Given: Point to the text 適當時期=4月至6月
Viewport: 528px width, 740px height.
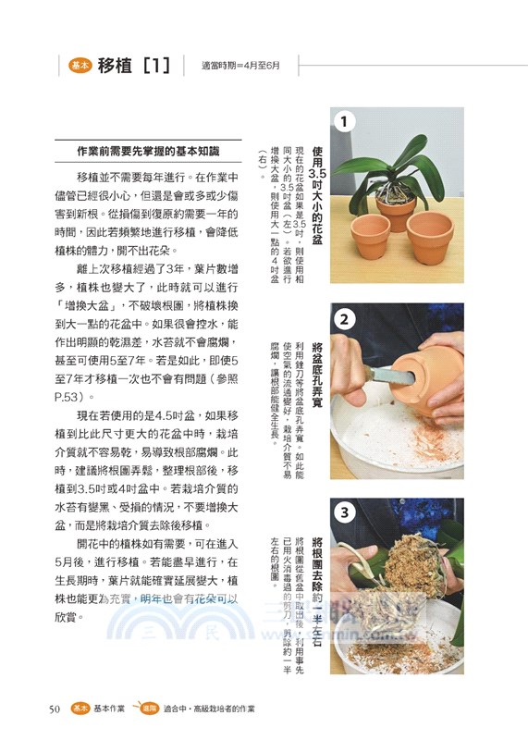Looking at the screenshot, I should coord(239,67).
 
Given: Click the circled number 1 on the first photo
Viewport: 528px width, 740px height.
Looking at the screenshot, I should coord(344,121).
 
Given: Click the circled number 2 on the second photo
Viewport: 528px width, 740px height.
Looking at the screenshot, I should coord(344,319).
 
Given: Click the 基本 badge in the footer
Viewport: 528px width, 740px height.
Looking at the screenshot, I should coord(80,709).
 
